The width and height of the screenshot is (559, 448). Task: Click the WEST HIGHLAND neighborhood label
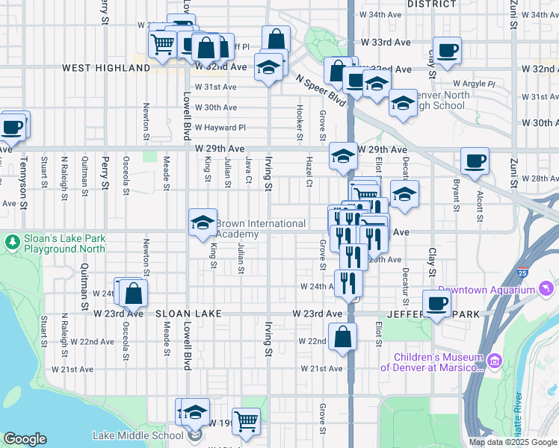(106, 68)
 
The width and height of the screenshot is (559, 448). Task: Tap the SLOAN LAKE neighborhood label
(188, 314)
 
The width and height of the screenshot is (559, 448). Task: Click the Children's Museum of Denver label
(432, 361)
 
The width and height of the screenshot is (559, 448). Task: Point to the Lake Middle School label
(138, 435)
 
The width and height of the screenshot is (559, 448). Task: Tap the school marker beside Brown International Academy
(203, 223)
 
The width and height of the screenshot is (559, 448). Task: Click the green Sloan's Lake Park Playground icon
(12, 242)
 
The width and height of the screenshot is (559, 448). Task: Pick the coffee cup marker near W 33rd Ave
(447, 52)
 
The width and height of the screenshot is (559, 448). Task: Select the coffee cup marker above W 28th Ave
(475, 161)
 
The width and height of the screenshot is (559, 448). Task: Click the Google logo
(25, 439)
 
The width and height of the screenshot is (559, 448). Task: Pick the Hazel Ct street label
(308, 172)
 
